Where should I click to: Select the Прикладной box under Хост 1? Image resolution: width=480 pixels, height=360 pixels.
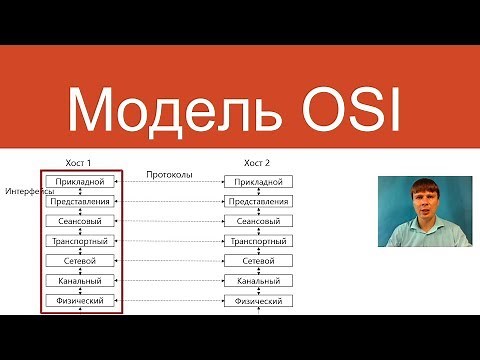coord(79,182)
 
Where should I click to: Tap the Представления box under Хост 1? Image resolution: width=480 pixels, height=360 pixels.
coord(79,201)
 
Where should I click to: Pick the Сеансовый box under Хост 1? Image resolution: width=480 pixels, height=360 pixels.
coord(79,221)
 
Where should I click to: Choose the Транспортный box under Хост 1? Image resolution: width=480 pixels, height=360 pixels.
coord(79,241)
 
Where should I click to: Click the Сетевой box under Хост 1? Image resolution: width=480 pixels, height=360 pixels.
coord(79,261)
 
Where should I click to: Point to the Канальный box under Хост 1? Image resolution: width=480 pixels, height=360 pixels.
coord(79,281)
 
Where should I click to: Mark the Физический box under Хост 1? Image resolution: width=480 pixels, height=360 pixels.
coord(79,300)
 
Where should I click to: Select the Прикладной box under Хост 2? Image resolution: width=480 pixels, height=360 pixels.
coord(259,182)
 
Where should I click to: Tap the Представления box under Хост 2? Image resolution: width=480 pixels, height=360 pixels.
coord(259,201)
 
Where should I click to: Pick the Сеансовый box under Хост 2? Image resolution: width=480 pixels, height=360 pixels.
coord(259,221)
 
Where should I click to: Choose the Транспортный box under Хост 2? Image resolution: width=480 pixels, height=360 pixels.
coord(259,241)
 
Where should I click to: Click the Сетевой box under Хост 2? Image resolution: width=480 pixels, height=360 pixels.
coord(259,261)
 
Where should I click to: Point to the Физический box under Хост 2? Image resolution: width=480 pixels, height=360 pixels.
coord(259,300)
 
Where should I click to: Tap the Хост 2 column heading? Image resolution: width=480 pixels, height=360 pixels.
coord(257,162)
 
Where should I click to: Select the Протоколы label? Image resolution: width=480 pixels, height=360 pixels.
coord(169,172)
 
